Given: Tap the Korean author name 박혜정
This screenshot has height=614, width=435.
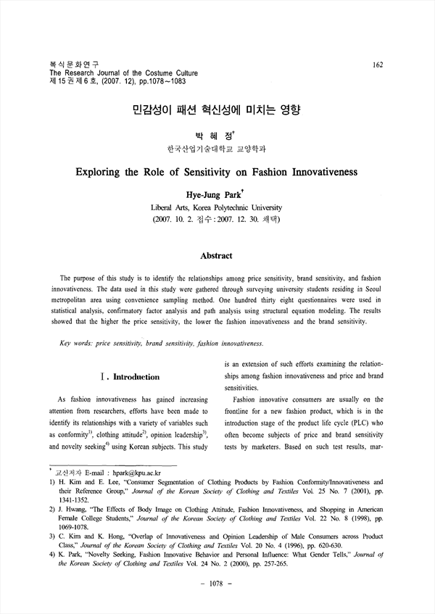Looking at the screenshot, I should (x=216, y=135).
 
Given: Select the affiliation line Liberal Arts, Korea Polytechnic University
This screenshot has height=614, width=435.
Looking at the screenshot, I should (x=217, y=207).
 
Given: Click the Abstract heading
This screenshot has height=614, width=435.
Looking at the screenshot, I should (x=216, y=256).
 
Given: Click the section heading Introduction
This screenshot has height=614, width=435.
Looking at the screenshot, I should (x=133, y=377).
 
